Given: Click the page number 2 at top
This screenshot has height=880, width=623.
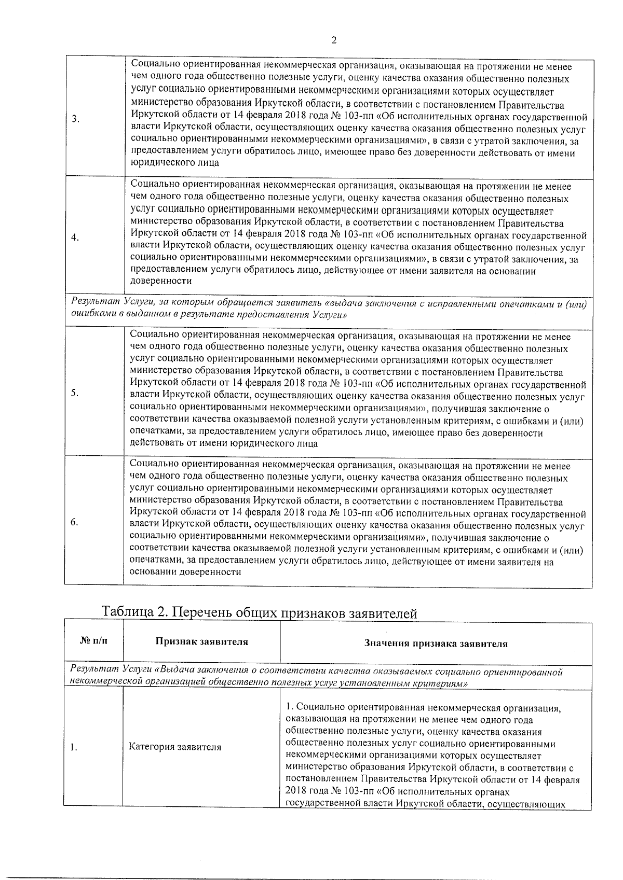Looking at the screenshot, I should pyautogui.click(x=334, y=41).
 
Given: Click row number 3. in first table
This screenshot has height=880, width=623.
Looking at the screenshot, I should pyautogui.click(x=76, y=119).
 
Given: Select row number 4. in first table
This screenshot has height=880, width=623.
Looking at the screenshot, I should pyautogui.click(x=76, y=238).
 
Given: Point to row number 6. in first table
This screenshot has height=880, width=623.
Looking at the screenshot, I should pyautogui.click(x=75, y=522).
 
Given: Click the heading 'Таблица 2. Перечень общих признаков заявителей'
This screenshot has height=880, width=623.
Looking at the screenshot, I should pyautogui.click(x=260, y=612).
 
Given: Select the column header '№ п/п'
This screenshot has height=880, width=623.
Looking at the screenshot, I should pyautogui.click(x=94, y=641).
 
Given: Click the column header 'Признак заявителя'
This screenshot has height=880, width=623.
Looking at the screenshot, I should pyautogui.click(x=202, y=642).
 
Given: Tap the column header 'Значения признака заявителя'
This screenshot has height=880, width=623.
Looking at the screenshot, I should pyautogui.click(x=436, y=644).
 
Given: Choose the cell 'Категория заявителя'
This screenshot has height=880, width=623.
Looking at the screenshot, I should pyautogui.click(x=175, y=747).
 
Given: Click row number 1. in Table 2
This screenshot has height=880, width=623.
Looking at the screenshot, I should pyautogui.click(x=74, y=747).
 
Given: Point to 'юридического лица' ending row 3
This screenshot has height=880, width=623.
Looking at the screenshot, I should pyautogui.click(x=174, y=163).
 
